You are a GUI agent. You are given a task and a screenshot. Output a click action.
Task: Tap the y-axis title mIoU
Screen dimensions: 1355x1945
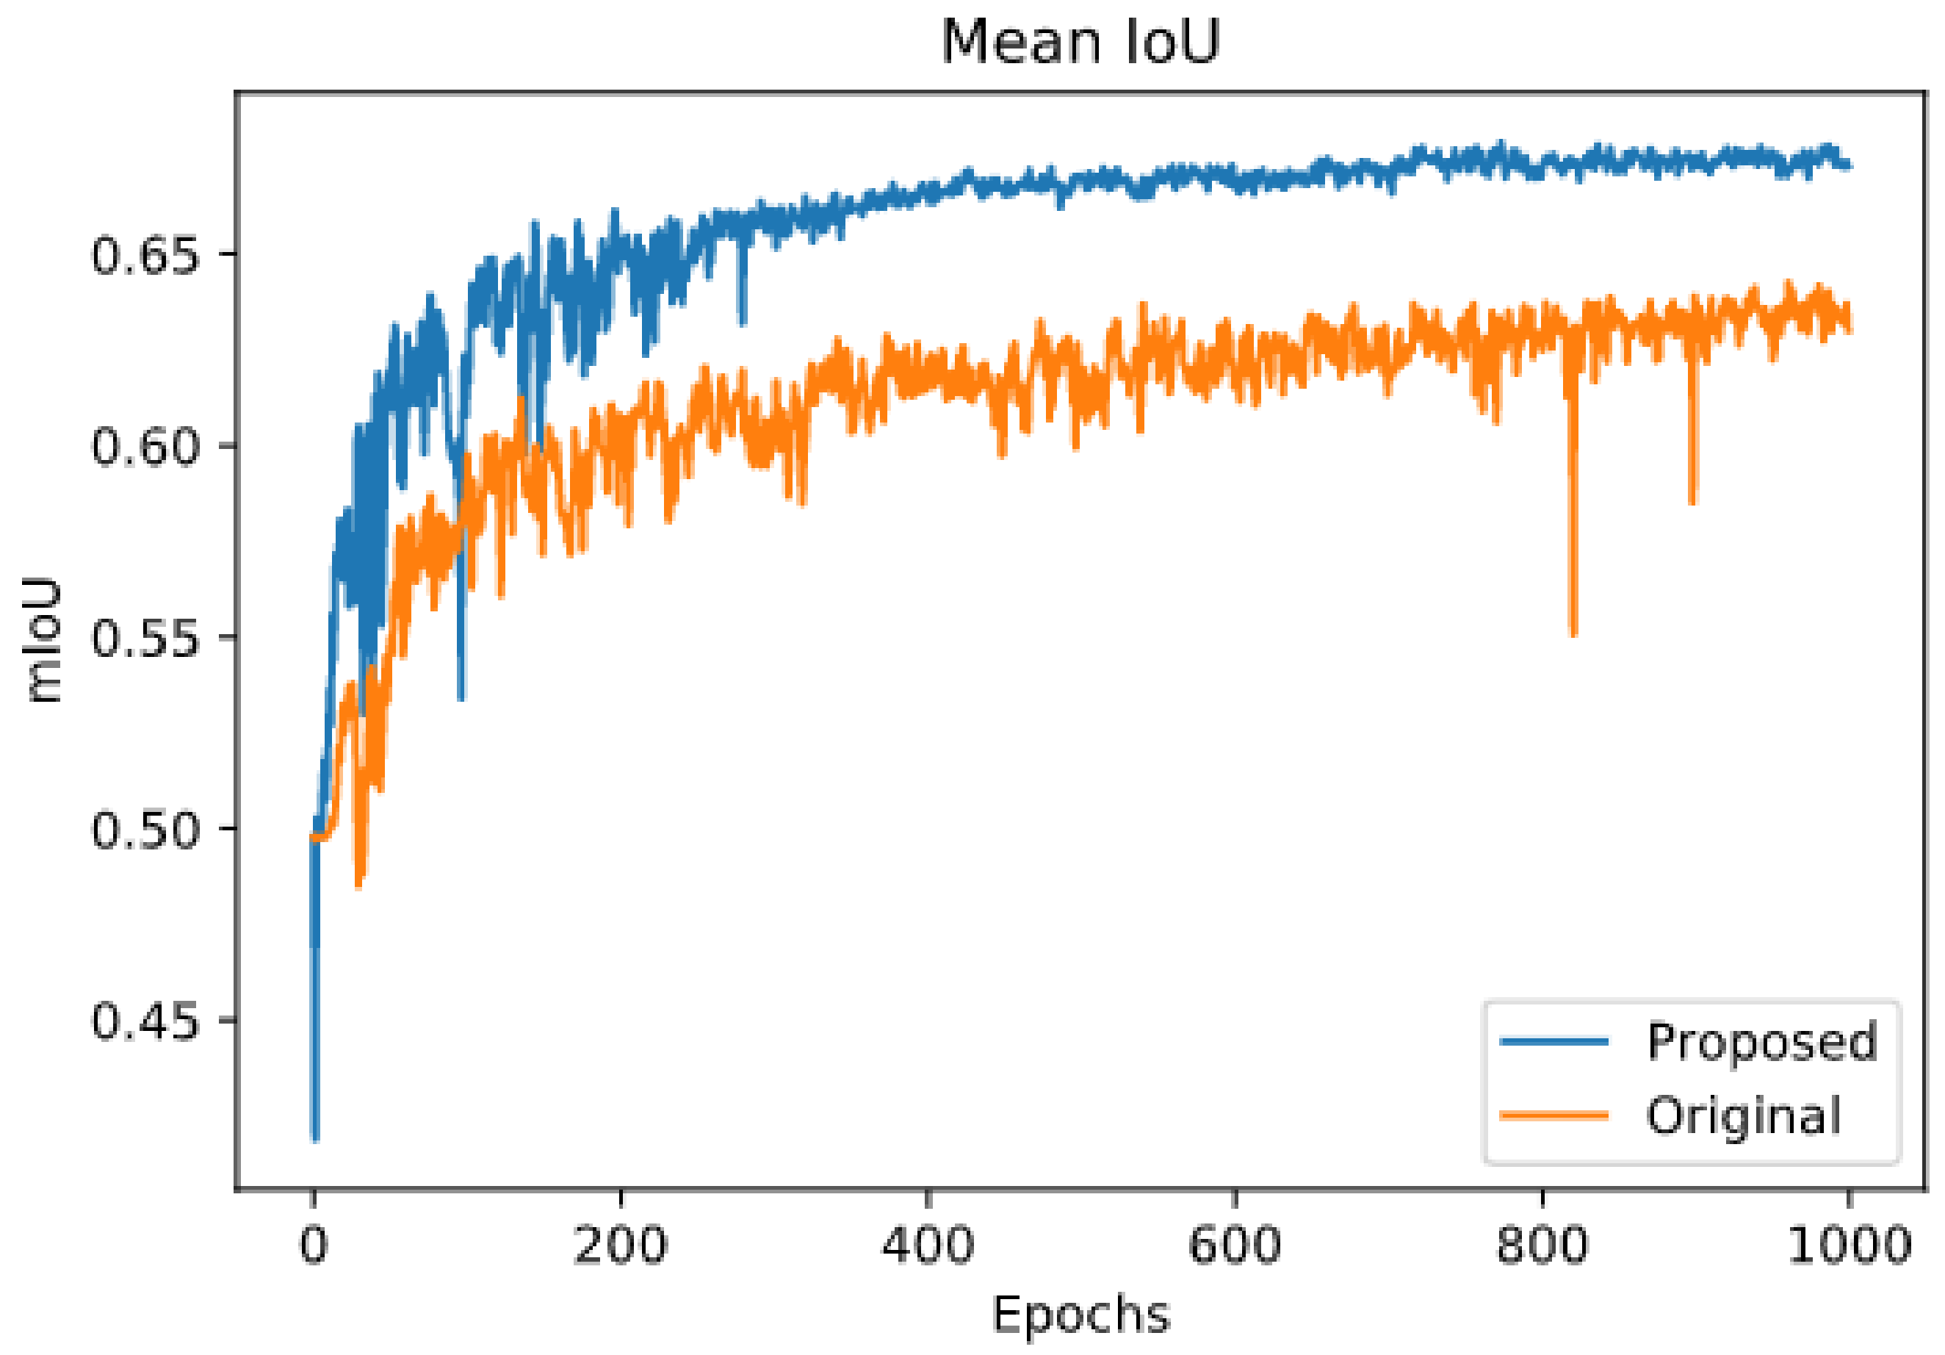(43, 640)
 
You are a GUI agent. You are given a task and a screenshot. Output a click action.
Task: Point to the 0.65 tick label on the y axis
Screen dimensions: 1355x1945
(145, 254)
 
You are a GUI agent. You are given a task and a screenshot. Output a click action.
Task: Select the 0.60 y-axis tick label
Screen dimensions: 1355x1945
(145, 446)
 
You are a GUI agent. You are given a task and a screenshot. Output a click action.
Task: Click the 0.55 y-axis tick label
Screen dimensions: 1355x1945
(145, 637)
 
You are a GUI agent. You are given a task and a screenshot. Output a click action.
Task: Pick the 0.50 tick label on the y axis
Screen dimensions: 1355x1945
(145, 829)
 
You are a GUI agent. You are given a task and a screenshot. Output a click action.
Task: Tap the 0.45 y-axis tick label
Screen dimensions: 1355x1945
(145, 1020)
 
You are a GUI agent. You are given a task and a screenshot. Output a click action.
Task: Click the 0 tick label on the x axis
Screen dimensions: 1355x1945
(314, 1245)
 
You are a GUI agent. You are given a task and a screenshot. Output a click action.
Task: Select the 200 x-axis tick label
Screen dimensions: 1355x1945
(621, 1245)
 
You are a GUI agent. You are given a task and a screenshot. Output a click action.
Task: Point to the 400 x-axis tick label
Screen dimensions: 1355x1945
(928, 1245)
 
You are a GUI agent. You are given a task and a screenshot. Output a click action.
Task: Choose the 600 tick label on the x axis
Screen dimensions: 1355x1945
(1234, 1245)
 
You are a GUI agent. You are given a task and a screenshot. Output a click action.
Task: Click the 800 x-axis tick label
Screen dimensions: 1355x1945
(1542, 1245)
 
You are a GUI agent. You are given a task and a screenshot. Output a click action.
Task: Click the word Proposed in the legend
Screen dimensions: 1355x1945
(1762, 1040)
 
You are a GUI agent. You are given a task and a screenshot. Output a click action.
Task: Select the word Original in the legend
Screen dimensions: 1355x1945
(1744, 1115)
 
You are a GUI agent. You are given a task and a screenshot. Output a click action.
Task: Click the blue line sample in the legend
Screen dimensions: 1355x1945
(1554, 1040)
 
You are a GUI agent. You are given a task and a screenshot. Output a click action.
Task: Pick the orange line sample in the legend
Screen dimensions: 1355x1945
(1554, 1115)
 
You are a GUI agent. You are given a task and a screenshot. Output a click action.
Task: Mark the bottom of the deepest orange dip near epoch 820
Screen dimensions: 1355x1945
(1573, 634)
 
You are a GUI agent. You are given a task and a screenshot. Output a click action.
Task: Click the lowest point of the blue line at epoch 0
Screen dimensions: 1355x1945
(315, 1139)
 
